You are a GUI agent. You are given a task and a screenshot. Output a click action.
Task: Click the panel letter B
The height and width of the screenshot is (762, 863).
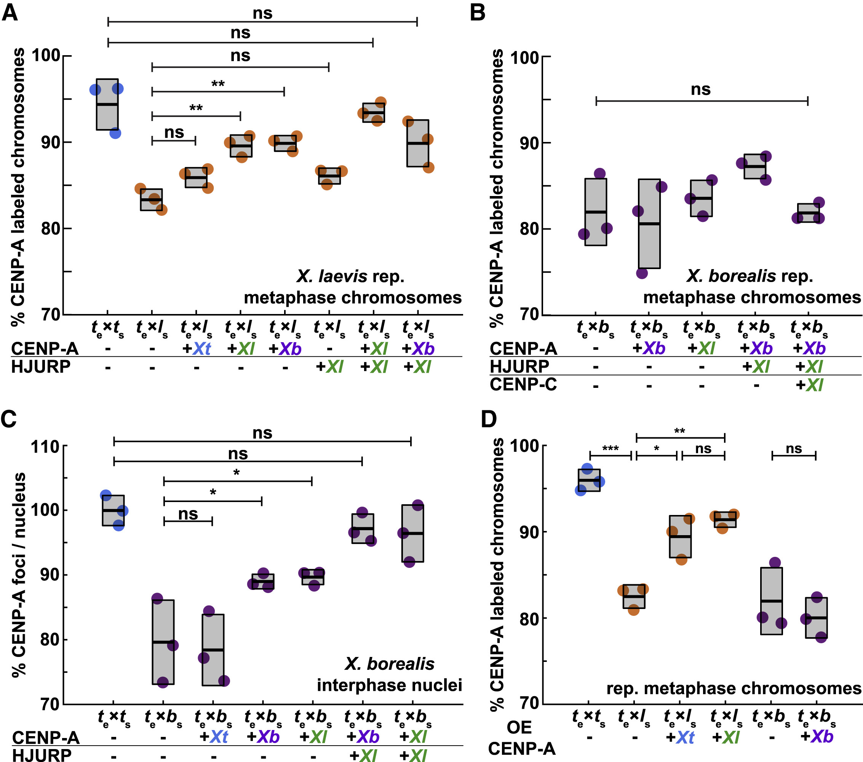click(478, 13)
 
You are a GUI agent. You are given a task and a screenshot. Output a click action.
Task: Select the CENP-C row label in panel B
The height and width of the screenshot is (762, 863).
click(523, 384)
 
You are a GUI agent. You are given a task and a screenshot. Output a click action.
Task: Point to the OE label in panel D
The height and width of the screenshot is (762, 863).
click(519, 727)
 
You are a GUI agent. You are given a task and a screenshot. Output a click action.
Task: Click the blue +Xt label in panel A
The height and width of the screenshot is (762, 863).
click(197, 349)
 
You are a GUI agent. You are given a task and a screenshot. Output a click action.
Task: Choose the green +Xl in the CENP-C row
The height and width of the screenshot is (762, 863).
click(809, 385)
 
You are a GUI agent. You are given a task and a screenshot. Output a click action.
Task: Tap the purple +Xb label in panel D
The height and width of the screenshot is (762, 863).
click(817, 736)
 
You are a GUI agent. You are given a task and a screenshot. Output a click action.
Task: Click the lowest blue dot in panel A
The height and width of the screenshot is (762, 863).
click(115, 133)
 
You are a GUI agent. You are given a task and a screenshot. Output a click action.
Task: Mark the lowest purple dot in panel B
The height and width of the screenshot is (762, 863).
click(642, 273)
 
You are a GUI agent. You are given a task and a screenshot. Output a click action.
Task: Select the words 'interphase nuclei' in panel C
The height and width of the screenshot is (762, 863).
click(389, 685)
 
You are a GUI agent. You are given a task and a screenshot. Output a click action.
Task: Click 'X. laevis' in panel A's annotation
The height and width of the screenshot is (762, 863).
click(332, 276)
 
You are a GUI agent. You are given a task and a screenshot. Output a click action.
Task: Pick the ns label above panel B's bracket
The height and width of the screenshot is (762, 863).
click(700, 89)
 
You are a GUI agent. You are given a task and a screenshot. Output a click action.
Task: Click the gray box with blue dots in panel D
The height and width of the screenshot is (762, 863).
click(590, 480)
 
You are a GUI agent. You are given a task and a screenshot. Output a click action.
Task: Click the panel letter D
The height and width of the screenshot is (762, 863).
click(489, 419)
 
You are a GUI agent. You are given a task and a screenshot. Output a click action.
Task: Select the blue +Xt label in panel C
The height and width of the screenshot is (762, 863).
click(214, 737)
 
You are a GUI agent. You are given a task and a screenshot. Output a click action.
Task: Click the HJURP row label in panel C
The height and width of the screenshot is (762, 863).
click(42, 755)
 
